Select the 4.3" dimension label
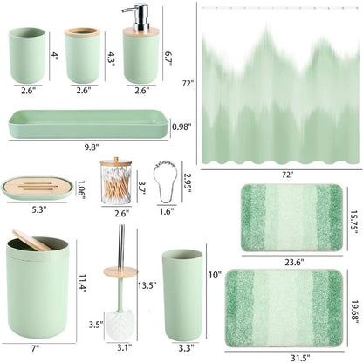(x=111, y=59)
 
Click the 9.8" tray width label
(x=92, y=147)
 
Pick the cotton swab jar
(x=116, y=181)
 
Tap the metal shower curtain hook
(x=165, y=183)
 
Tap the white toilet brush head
(x=120, y=321)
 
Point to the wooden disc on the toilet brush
(x=120, y=271)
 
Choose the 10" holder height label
(x=215, y=275)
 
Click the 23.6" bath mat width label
(x=294, y=263)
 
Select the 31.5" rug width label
(x=300, y=357)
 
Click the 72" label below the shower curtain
(x=287, y=175)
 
